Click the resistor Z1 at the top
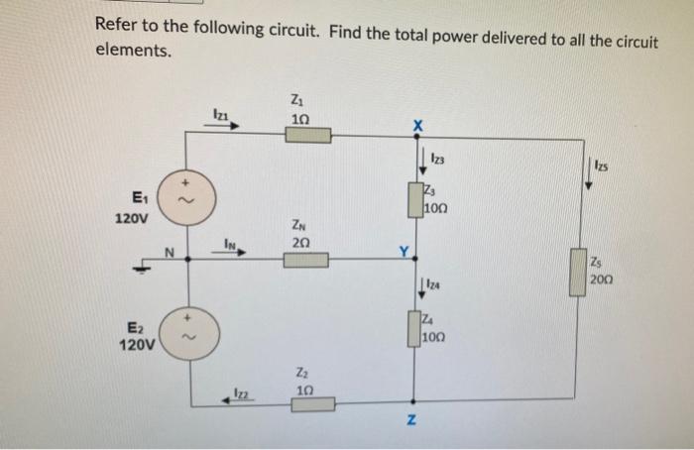click(308, 135)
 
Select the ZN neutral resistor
click(306, 260)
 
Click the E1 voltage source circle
click(181, 199)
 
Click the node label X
click(417, 126)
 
